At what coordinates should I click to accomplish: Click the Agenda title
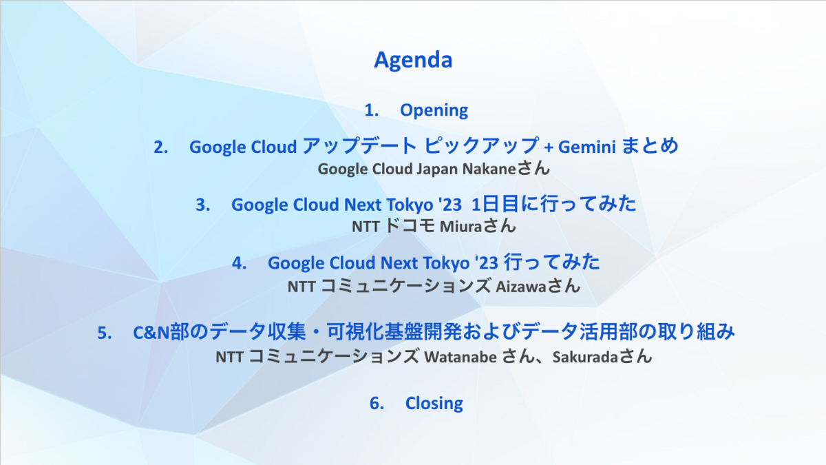click(x=413, y=60)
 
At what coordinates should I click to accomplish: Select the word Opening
click(x=434, y=111)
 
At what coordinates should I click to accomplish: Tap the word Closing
click(x=434, y=403)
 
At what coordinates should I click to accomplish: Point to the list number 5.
click(x=105, y=333)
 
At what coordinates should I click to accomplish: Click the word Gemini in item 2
click(x=586, y=147)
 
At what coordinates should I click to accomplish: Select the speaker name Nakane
click(x=489, y=169)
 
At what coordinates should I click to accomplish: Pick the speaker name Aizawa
click(x=520, y=287)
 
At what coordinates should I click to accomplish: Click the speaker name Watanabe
click(x=460, y=357)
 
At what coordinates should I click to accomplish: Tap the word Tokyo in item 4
click(x=445, y=263)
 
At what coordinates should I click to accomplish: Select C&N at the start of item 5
click(x=151, y=333)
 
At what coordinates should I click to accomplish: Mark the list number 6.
click(x=377, y=404)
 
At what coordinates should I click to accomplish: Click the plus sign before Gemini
click(x=549, y=148)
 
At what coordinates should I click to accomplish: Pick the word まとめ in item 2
click(x=650, y=146)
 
